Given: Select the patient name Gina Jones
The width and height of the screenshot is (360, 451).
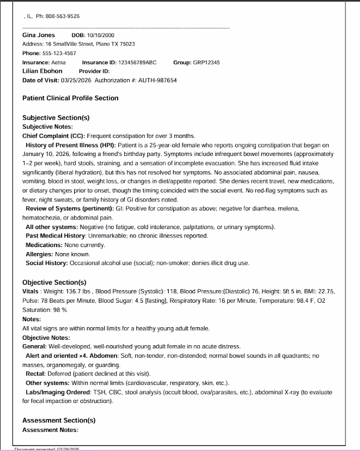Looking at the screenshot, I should click(x=39, y=35).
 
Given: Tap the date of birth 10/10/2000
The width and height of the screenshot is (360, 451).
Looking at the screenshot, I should click(x=100, y=36).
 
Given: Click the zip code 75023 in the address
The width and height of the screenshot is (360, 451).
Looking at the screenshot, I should click(x=127, y=44).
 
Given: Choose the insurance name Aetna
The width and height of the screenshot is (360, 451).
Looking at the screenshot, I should click(x=59, y=63).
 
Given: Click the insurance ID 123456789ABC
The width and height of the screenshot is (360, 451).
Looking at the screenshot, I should click(x=137, y=63).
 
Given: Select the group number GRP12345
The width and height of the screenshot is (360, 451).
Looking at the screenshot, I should click(x=206, y=63).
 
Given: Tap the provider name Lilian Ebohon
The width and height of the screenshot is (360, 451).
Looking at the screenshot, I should click(x=43, y=71).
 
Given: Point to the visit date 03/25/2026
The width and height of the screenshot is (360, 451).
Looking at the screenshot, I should click(x=76, y=80).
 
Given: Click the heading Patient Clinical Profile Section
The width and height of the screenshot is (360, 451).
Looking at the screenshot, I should click(x=70, y=98).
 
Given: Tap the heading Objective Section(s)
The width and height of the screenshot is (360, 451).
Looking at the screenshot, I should click(x=54, y=283).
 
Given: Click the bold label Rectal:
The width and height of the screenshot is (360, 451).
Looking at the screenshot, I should click(x=36, y=374).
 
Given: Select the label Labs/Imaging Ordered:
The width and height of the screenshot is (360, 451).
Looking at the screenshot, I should click(x=55, y=392).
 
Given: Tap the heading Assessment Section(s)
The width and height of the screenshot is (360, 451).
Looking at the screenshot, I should click(x=59, y=420).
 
